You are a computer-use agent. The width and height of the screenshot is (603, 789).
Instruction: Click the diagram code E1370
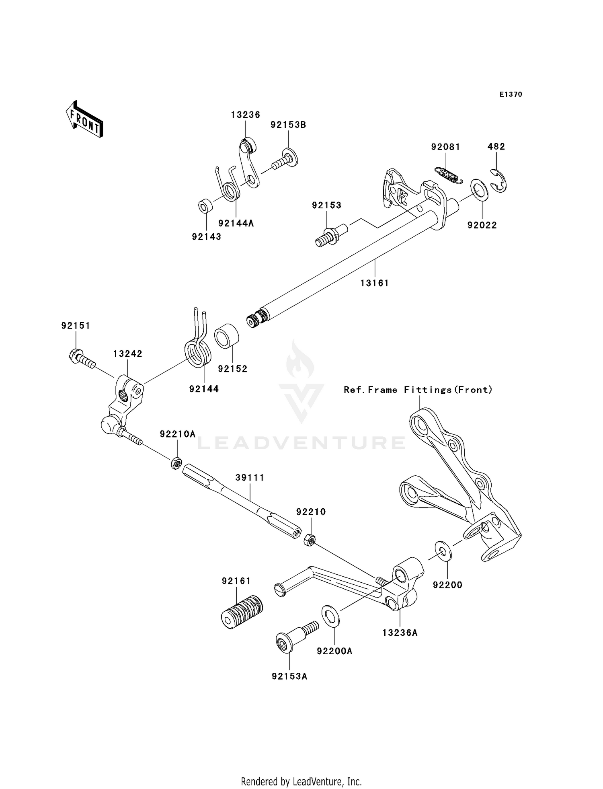click(x=511, y=95)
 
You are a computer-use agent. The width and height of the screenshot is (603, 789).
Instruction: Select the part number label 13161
click(x=374, y=283)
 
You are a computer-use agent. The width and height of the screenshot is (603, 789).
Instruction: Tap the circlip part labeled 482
click(x=500, y=181)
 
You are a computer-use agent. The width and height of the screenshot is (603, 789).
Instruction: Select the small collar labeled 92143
click(x=205, y=207)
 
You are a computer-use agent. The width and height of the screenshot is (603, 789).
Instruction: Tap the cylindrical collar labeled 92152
click(x=227, y=336)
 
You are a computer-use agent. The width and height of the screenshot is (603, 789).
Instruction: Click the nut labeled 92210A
click(x=175, y=463)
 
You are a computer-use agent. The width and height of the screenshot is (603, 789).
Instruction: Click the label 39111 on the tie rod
click(x=250, y=478)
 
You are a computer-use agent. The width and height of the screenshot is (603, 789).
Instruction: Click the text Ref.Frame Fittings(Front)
click(x=418, y=390)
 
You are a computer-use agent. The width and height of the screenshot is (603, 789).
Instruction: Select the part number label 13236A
click(x=400, y=633)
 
